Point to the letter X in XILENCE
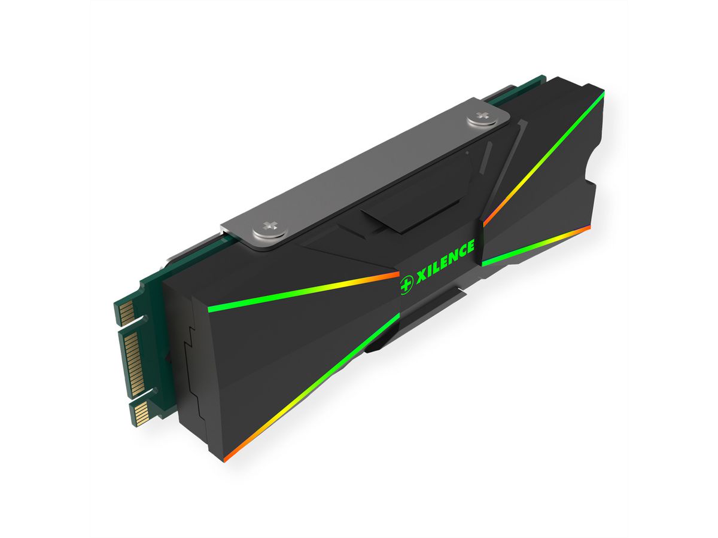click(421, 274)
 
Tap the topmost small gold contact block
click(126, 310)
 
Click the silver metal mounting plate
click(359, 173)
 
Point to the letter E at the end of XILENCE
click(470, 246)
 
